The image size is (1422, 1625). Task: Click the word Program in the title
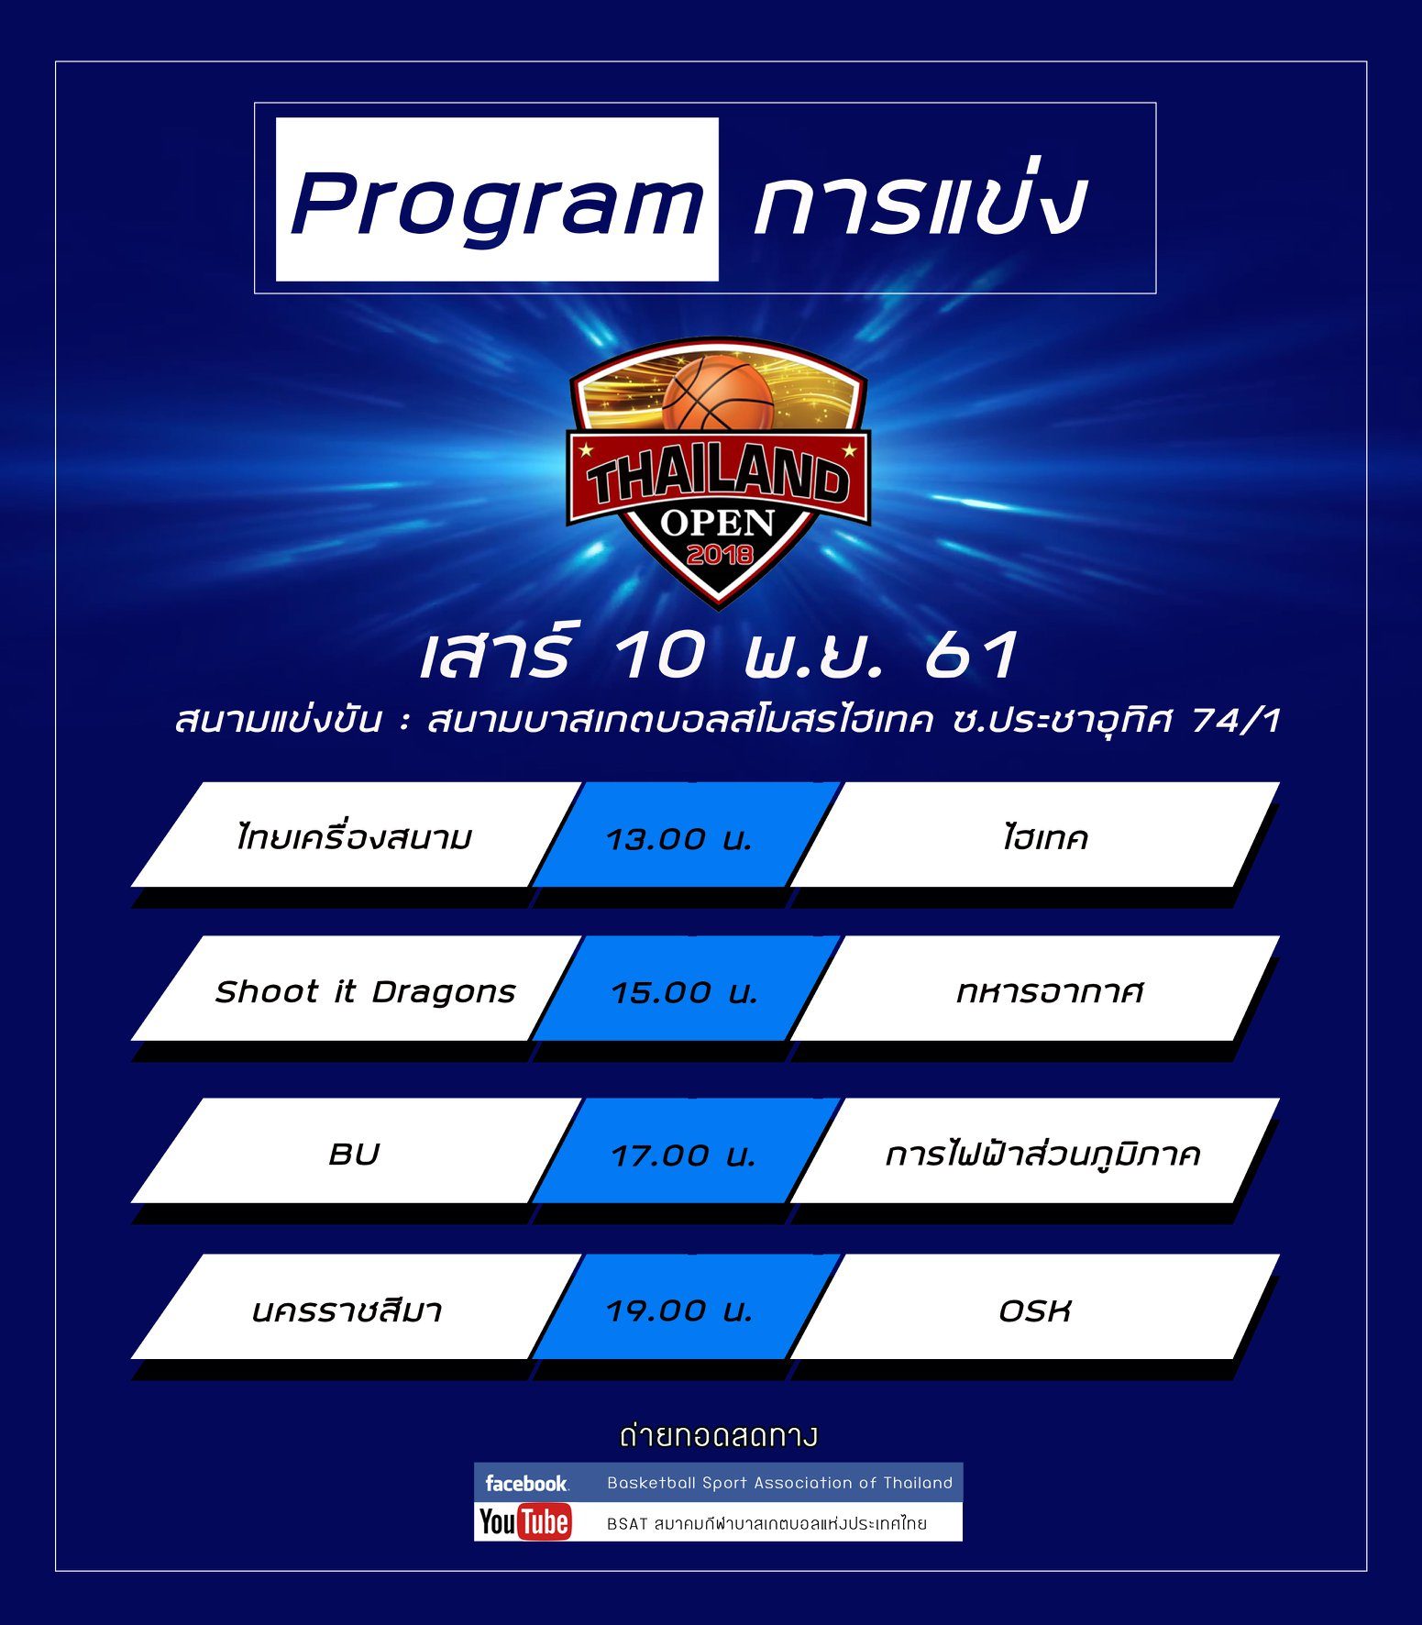(x=497, y=204)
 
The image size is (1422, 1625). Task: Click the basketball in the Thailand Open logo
(x=718, y=393)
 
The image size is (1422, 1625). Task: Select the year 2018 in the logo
(x=720, y=554)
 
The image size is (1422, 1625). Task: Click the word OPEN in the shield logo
(x=719, y=523)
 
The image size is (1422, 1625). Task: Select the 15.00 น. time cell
(x=685, y=992)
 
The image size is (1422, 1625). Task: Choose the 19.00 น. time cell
(x=679, y=1310)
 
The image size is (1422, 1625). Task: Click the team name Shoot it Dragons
(x=366, y=991)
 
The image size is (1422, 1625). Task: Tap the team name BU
(x=354, y=1155)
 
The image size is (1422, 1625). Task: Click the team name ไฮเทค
(x=1045, y=837)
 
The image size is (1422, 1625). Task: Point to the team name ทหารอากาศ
(x=1050, y=991)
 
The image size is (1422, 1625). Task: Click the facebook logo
(x=526, y=1483)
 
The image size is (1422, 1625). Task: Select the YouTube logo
(x=524, y=1522)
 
